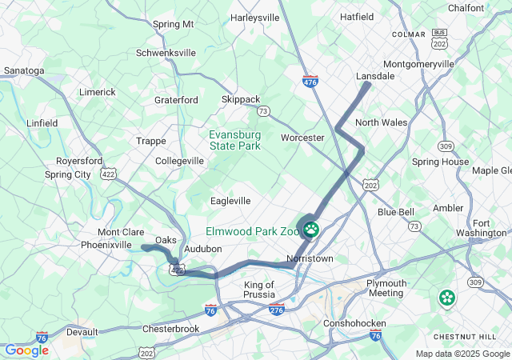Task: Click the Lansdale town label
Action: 375,76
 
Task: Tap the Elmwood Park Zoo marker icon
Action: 310,230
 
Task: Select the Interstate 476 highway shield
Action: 310,82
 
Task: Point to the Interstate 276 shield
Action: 277,309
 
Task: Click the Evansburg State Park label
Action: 235,140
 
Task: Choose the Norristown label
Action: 310,259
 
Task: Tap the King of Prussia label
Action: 258,290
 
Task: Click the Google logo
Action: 26,350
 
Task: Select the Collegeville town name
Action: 179,161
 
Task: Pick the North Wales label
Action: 381,122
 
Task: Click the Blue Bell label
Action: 396,212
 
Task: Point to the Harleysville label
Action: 254,17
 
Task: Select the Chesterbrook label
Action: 170,329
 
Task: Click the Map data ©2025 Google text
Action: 462,354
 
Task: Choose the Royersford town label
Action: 79,161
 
